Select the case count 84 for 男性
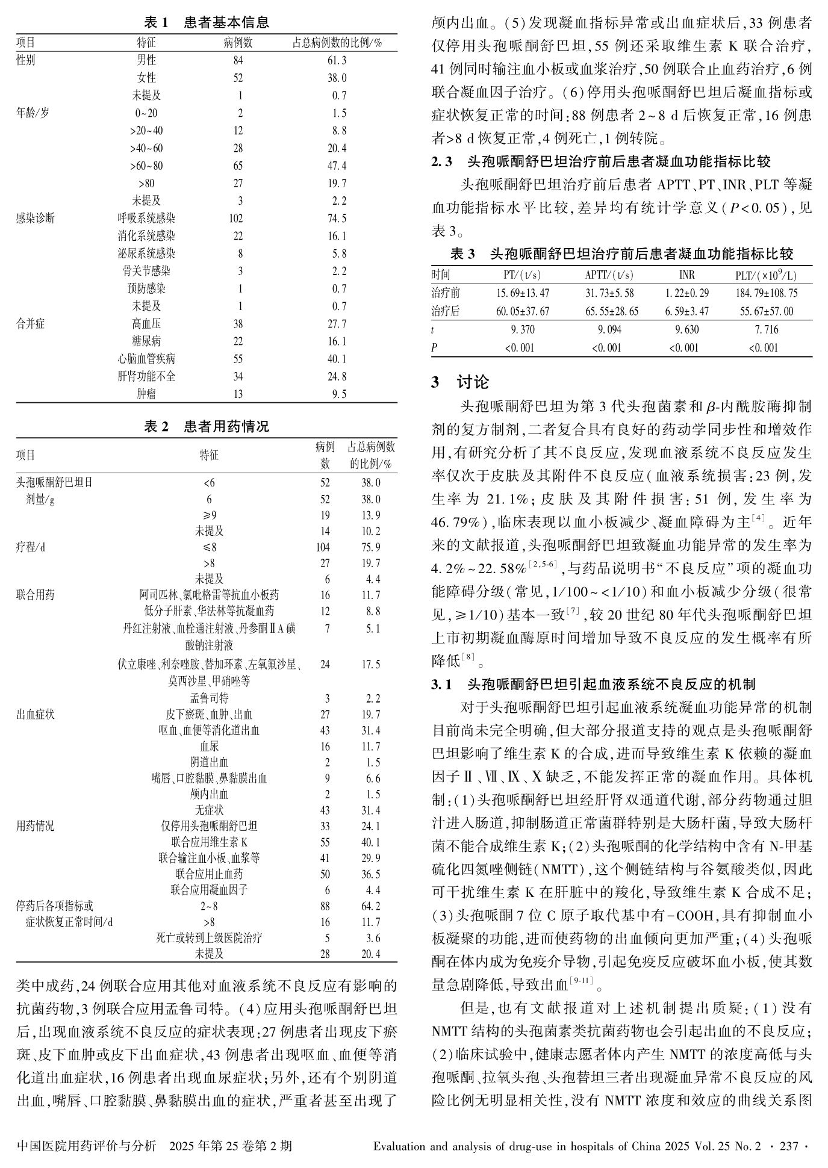coord(238,60)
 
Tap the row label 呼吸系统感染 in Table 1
coord(146,219)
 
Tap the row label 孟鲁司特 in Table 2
coord(209,698)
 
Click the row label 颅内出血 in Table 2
coord(209,794)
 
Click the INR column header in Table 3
coord(686,275)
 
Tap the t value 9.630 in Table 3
coord(686,329)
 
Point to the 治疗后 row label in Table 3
coord(446,311)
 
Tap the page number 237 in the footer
coord(788,1146)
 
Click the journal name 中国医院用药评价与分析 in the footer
coord(87,1146)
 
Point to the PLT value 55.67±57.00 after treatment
coord(763,311)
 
